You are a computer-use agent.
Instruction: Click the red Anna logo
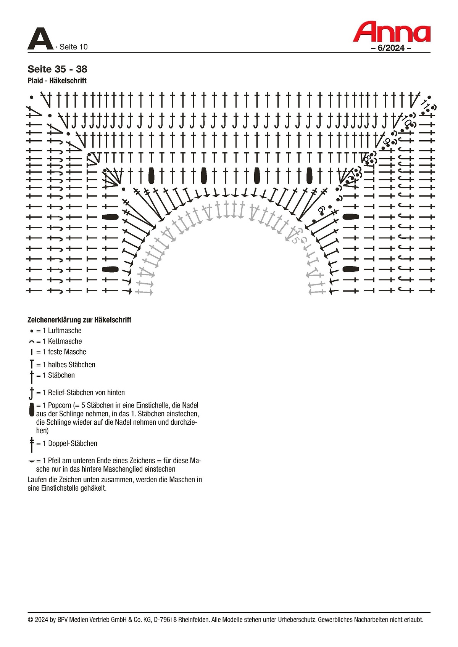[392, 32]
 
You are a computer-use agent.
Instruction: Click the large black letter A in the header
[40, 39]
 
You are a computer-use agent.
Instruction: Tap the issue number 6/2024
[391, 48]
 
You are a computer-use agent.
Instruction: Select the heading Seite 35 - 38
[57, 69]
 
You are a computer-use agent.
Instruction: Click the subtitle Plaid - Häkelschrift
[57, 80]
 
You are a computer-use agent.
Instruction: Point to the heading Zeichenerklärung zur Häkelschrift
[79, 320]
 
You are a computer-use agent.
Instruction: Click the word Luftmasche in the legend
[65, 331]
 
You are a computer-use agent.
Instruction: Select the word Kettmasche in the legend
[65, 341]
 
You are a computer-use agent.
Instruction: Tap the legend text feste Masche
[67, 352]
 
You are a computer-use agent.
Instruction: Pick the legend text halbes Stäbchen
[72, 365]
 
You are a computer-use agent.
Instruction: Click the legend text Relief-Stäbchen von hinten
[87, 393]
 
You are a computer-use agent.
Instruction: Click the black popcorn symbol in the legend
[32, 410]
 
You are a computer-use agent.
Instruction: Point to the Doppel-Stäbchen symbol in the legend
[32, 445]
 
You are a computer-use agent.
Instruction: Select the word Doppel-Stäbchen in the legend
[73, 443]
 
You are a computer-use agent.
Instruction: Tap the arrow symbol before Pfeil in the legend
[32, 461]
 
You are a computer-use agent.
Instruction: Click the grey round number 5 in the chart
[295, 240]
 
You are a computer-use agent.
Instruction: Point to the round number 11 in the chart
[425, 103]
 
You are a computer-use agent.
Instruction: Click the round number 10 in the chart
[406, 120]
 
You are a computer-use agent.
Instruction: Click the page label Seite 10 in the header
[73, 47]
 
